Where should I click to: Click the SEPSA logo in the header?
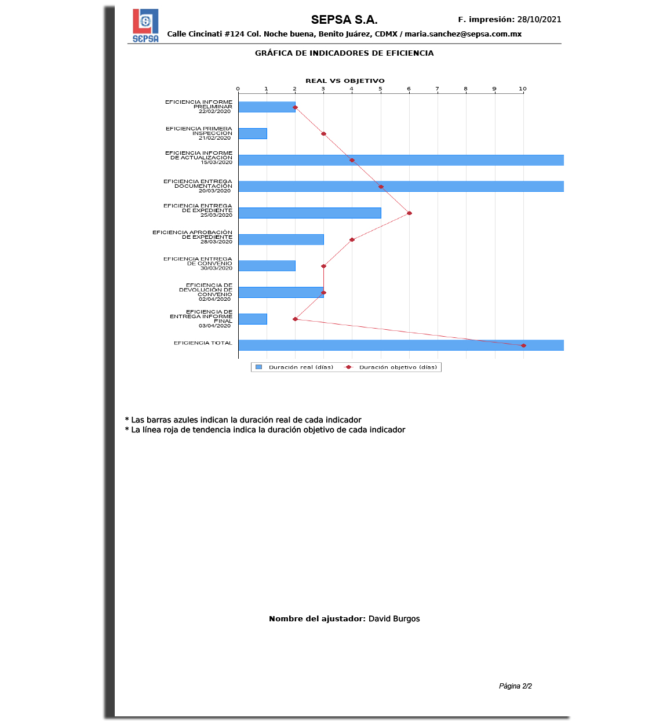pyautogui.click(x=145, y=26)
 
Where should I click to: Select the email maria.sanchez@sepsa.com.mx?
pyautogui.click(x=463, y=34)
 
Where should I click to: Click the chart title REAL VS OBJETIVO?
pyautogui.click(x=345, y=81)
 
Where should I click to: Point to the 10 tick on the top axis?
pyautogui.click(x=523, y=89)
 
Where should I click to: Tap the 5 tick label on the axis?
pyautogui.click(x=381, y=89)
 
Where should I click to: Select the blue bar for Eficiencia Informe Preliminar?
pyautogui.click(x=267, y=107)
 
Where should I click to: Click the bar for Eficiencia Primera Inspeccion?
pyautogui.click(x=253, y=134)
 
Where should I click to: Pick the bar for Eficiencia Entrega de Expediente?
pyautogui.click(x=309, y=213)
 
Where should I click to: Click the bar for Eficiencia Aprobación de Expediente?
pyautogui.click(x=281, y=239)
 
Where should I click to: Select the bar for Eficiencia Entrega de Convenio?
pyautogui.click(x=267, y=266)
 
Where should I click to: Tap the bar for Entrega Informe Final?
pyautogui.click(x=253, y=319)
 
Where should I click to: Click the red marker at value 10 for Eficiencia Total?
pyautogui.click(x=523, y=345)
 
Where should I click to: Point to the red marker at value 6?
pyautogui.click(x=409, y=213)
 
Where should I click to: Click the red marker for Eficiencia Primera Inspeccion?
pyautogui.click(x=323, y=134)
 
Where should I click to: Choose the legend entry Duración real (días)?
pyautogui.click(x=296, y=367)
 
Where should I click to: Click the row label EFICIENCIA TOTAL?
pyautogui.click(x=203, y=343)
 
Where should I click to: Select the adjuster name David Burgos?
pyautogui.click(x=394, y=618)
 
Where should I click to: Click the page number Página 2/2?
pyautogui.click(x=515, y=686)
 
